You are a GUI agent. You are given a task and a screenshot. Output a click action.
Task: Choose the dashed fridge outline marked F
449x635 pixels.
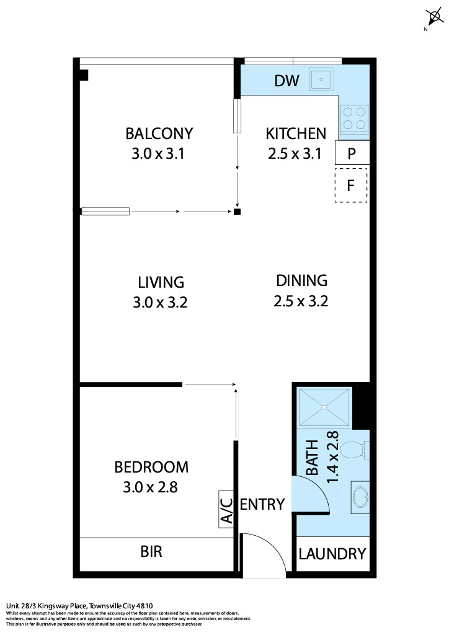(x=351, y=185)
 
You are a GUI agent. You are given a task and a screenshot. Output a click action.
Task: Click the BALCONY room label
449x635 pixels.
(x=159, y=134)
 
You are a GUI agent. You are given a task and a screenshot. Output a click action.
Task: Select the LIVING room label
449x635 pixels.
(x=161, y=282)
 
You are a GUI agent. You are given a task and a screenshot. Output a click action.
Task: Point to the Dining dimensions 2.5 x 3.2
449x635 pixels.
(x=301, y=301)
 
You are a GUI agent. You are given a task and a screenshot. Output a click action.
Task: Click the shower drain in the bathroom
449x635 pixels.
(x=324, y=407)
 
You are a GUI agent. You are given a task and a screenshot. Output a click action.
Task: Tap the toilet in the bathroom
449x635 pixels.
(x=355, y=450)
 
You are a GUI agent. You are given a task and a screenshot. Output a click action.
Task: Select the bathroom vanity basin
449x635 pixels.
(x=360, y=497)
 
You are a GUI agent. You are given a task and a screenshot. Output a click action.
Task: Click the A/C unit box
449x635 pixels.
(x=226, y=509)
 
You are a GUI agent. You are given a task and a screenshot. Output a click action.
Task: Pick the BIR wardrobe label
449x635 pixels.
(x=151, y=552)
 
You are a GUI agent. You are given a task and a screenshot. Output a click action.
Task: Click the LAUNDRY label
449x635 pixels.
(x=332, y=554)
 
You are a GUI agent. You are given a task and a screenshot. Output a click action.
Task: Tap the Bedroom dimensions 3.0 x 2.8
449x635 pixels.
(x=150, y=487)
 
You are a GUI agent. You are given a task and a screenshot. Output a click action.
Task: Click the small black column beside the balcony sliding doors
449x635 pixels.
(x=237, y=212)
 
